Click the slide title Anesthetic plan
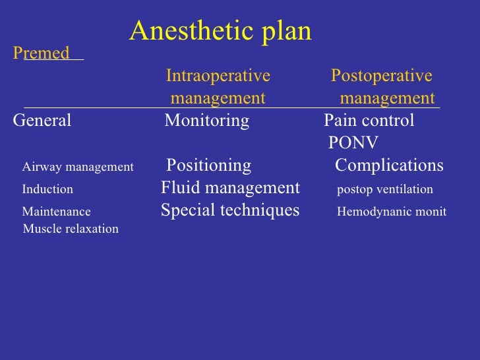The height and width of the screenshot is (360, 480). tap(220, 31)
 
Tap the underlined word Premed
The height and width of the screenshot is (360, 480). tap(42, 53)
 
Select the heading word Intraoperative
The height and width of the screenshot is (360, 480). tap(218, 76)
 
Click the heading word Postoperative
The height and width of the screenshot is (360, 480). tap(381, 76)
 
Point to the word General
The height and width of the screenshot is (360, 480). tap(42, 121)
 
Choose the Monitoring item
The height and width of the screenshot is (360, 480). tap(207, 121)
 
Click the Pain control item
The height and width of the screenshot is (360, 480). tap(369, 121)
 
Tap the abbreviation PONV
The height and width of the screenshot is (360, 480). tap(353, 144)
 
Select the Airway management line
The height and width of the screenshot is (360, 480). tap(78, 167)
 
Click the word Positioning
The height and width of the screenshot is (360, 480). tap(208, 165)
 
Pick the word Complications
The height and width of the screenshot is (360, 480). tap(389, 165)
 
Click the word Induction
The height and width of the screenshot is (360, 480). tap(47, 189)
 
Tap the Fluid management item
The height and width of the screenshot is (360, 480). tap(230, 189)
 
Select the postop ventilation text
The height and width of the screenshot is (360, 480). tap(385, 190)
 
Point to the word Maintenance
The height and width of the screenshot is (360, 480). tap(57, 212)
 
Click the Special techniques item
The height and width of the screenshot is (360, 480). tap(230, 211)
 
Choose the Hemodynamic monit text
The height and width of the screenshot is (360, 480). tap(392, 212)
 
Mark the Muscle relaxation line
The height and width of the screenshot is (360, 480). tap(71, 229)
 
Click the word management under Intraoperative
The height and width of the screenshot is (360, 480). tap(218, 99)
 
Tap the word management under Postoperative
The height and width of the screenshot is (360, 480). tap(388, 99)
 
